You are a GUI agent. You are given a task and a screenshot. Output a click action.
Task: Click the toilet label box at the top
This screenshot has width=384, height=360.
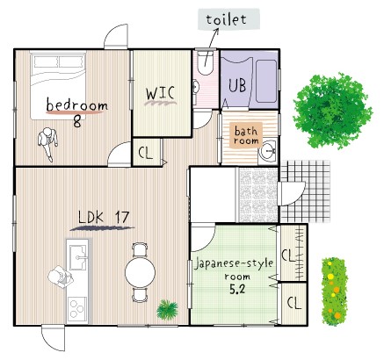[228, 19]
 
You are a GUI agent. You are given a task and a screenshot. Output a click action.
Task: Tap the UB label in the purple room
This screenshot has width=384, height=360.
[237, 85]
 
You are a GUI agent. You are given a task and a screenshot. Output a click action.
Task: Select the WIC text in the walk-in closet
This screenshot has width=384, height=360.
[161, 93]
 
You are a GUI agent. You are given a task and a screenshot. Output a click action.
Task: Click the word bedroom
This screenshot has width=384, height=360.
[77, 104]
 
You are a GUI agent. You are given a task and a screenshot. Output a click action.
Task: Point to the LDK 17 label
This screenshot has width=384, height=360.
[104, 217]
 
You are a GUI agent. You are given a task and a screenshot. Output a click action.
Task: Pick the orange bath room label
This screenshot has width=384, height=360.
[246, 135]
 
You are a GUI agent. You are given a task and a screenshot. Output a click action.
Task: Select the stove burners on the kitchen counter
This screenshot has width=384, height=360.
[77, 309]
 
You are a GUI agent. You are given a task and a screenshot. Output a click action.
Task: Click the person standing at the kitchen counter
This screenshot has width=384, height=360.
[61, 277]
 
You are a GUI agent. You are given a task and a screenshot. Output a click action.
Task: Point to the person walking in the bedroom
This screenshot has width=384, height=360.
[48, 144]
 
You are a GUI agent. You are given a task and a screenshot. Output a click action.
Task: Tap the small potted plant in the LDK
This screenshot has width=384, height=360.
[167, 310]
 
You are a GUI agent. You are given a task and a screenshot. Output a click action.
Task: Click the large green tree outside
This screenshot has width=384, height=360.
[332, 111]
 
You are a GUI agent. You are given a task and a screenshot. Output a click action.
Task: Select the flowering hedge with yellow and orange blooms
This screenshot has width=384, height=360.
[335, 292]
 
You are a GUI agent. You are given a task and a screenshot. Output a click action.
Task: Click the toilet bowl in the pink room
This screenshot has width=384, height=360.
[205, 62]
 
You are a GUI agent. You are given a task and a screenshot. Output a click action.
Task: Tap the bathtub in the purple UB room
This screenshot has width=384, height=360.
[266, 81]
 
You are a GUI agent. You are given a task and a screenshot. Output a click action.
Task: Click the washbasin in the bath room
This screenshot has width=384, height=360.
[268, 151]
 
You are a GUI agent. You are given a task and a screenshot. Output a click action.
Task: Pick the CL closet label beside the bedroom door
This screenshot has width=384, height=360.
[146, 153]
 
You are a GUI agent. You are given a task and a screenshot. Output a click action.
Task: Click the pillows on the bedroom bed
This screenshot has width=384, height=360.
[58, 61]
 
